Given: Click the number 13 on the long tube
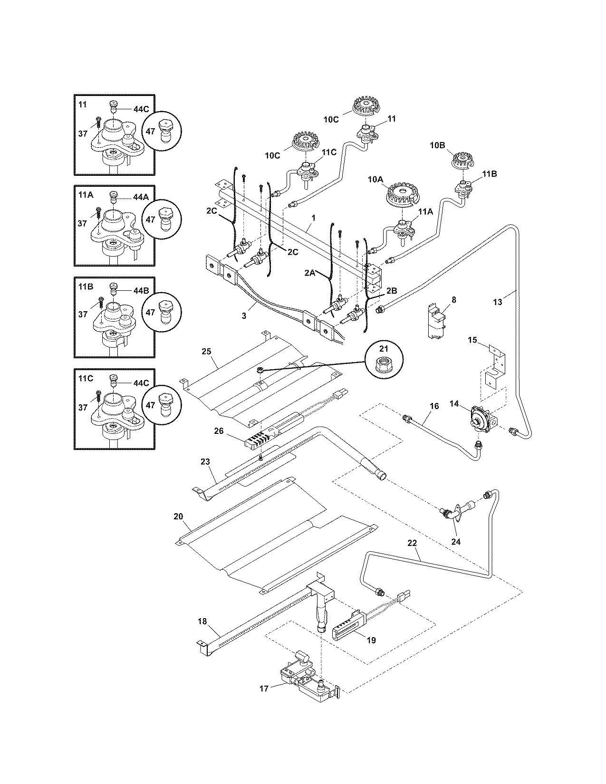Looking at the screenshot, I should pos(497,302).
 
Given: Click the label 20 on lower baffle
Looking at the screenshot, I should pos(178,516).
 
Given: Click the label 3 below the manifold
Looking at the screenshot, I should pos(244,316).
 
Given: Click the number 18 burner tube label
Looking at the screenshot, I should pos(202,621).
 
